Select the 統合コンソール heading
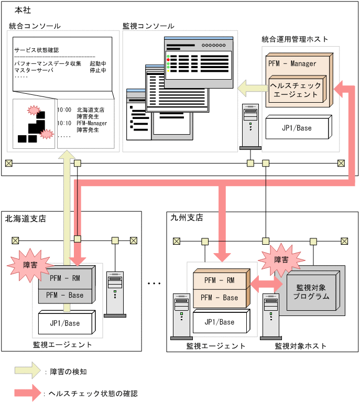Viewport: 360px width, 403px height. pyautogui.click(x=35, y=26)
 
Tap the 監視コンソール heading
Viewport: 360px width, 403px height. pyautogui.click(x=148, y=26)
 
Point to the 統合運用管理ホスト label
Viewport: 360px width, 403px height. pyautogui.click(x=295, y=39)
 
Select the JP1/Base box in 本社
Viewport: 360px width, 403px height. pyautogui.click(x=297, y=128)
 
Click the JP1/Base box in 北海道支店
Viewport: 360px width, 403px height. pyautogui.click(x=65, y=323)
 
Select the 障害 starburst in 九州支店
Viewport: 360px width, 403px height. pyautogui.click(x=281, y=259)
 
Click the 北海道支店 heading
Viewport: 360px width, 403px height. pyautogui.click(x=25, y=218)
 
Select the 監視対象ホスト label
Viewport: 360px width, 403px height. pyautogui.click(x=300, y=346)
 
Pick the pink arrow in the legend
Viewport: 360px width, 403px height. pyautogui.click(x=29, y=393)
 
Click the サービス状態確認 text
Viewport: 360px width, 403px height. pyautogui.click(x=37, y=50)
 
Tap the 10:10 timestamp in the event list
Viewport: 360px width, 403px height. pyautogui.click(x=64, y=123)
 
